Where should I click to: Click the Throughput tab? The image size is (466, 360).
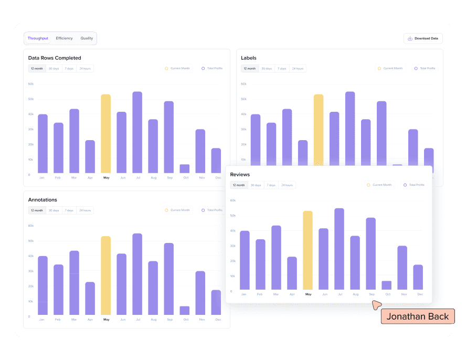click(x=38, y=38)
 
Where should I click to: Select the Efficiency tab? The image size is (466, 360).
click(x=64, y=38)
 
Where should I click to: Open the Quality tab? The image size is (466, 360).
click(x=87, y=38)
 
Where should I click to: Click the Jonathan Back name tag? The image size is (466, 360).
click(x=417, y=316)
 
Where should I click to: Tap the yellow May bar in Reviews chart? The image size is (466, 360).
click(x=308, y=250)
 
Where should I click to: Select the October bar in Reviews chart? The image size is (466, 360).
click(x=386, y=285)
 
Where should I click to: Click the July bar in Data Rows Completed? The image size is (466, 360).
click(x=137, y=132)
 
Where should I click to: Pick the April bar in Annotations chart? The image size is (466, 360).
click(x=90, y=298)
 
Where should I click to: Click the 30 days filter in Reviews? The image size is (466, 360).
click(x=256, y=185)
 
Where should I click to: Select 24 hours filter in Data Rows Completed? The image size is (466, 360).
click(x=85, y=68)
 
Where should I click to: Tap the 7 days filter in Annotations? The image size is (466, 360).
click(x=69, y=210)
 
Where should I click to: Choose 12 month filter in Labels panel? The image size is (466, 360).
click(x=249, y=68)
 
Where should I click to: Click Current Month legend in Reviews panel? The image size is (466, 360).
click(x=379, y=185)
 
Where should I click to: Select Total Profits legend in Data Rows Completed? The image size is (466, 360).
click(x=212, y=68)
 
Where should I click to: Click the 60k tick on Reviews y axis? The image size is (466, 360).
click(x=233, y=200)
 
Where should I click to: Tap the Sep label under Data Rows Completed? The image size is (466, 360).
click(x=169, y=178)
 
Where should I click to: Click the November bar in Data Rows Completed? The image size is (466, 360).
click(x=200, y=151)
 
